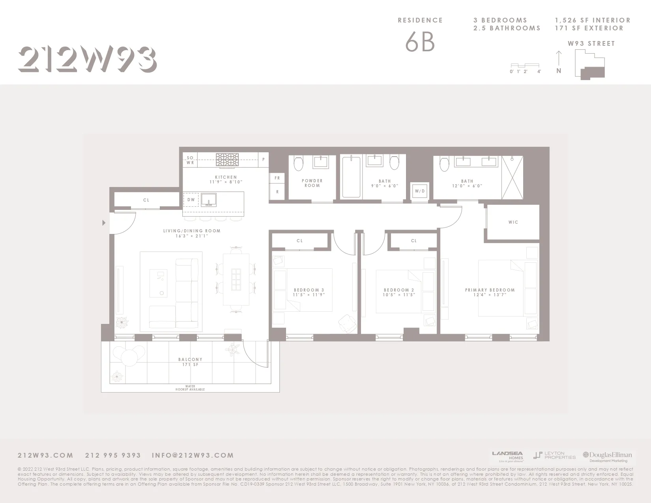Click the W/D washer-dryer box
pos(419,191)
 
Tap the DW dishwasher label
pos(191,200)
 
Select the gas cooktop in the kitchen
pos(227,160)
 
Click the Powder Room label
pos(312,183)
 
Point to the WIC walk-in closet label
pos(513,222)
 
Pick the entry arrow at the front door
pos(104,223)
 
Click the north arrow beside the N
pos(558,58)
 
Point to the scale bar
pos(525,65)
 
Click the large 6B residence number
pos(420,42)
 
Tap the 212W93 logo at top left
pos(87,60)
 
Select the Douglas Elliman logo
pos(608,456)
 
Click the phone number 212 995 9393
pos(113,455)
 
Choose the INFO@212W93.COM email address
pos(193,455)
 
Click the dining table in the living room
pos(236,279)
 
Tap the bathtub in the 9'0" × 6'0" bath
pos(351,177)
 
